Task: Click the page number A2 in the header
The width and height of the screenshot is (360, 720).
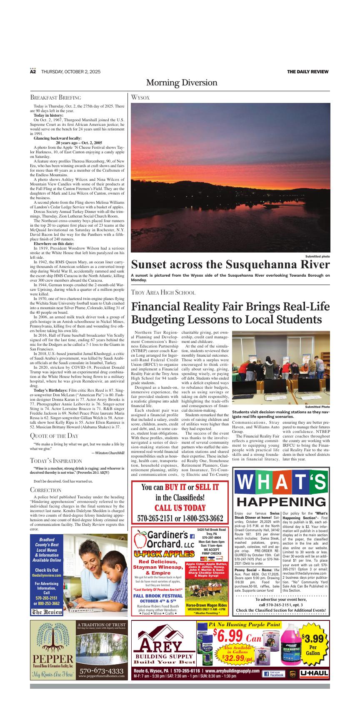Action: [33, 72]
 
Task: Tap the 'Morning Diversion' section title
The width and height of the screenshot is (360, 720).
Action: [181, 82]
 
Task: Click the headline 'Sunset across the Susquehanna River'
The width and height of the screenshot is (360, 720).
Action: [230, 264]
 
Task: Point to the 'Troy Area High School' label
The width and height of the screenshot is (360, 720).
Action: [163, 292]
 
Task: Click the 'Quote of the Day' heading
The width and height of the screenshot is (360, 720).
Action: [54, 436]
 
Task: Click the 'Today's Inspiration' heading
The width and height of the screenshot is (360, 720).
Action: [56, 461]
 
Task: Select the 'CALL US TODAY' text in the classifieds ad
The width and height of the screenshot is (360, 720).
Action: [180, 507]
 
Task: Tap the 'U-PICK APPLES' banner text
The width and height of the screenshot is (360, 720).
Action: [164, 554]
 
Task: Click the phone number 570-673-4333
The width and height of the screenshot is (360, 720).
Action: [101, 671]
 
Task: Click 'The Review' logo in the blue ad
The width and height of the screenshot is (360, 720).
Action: [47, 612]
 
